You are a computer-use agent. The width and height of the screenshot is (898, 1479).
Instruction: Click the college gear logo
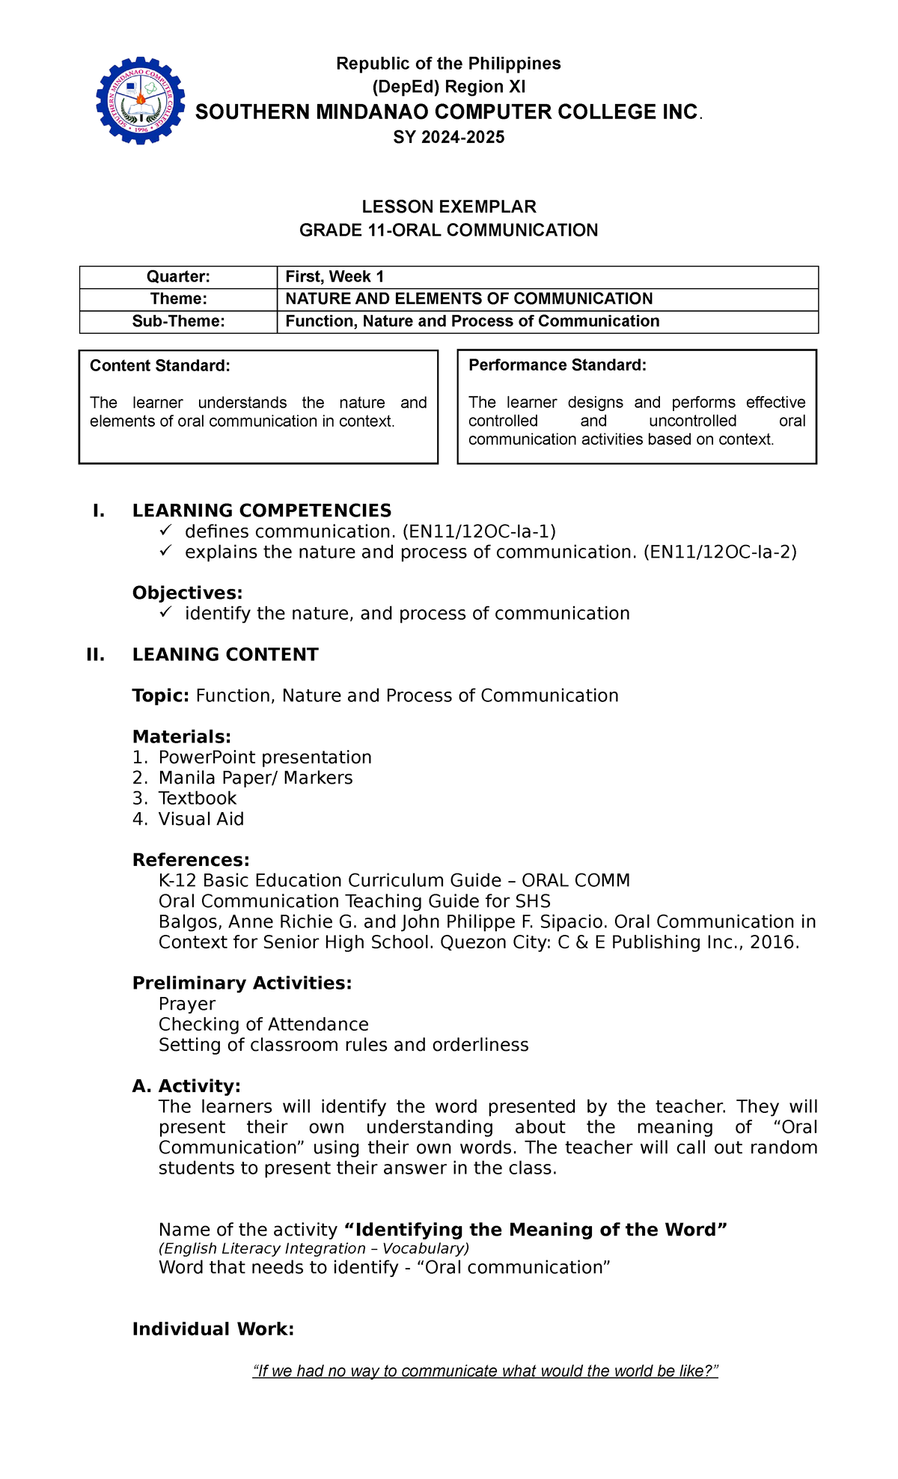pyautogui.click(x=140, y=100)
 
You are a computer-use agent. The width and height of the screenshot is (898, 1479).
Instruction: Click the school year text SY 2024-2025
pyautogui.click(x=448, y=137)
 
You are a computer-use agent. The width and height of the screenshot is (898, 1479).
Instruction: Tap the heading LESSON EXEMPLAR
pyautogui.click(x=448, y=207)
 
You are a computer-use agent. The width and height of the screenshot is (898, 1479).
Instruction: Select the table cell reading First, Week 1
pyautogui.click(x=335, y=276)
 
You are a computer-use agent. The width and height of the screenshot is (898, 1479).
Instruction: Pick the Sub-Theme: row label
pyautogui.click(x=178, y=321)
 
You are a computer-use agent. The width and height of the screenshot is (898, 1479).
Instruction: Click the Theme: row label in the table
pyautogui.click(x=178, y=299)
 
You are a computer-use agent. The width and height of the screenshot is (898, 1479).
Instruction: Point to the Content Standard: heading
pyautogui.click(x=159, y=366)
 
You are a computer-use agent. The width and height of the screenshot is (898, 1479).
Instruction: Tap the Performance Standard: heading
pyautogui.click(x=557, y=365)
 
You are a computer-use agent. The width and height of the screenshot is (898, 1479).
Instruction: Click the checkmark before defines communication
pyautogui.click(x=165, y=531)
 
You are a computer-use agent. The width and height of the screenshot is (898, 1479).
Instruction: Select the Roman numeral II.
pyautogui.click(x=96, y=655)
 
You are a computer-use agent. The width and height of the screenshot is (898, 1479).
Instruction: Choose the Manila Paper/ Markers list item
pyautogui.click(x=255, y=778)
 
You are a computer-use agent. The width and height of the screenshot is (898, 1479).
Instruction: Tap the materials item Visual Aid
pyautogui.click(x=201, y=819)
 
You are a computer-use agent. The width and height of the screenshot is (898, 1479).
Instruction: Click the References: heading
pyautogui.click(x=191, y=860)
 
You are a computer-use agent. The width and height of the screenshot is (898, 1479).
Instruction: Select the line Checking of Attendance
pyautogui.click(x=263, y=1024)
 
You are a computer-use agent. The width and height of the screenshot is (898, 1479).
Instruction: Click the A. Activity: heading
pyautogui.click(x=186, y=1086)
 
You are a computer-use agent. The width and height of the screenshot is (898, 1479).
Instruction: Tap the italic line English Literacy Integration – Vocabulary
pyautogui.click(x=314, y=1248)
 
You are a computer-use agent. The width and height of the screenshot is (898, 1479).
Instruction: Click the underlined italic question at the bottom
pyautogui.click(x=485, y=1371)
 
